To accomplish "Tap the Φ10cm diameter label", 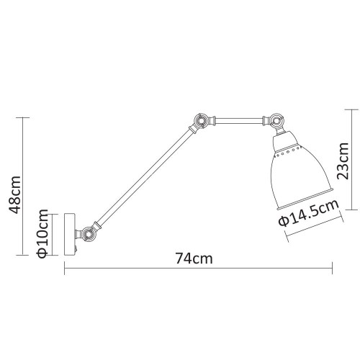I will click(x=43, y=234).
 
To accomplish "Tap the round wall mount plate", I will click(x=69, y=233).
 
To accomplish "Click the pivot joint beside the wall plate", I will click(x=89, y=233).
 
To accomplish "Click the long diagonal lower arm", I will click(x=144, y=176).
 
